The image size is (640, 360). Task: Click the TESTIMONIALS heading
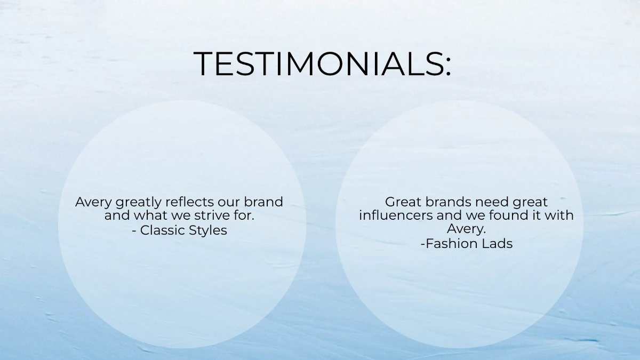(322, 64)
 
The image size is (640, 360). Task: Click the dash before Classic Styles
(134, 231)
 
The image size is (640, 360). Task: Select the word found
(516, 216)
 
